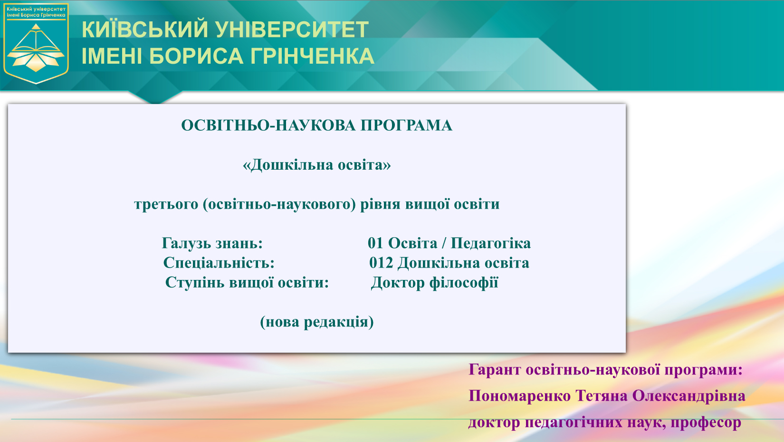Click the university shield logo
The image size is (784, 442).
point(36,43)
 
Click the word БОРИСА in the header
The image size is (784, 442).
point(196,56)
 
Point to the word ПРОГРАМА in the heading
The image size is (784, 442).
point(406,125)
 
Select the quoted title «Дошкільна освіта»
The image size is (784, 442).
point(317,164)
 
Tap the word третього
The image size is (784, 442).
point(166,204)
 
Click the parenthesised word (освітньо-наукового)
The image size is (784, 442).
point(279,204)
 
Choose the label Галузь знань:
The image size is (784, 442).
point(212,243)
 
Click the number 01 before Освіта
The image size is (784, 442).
point(375,243)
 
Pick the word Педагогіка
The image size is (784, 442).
point(491,243)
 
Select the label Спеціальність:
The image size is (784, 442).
point(219,263)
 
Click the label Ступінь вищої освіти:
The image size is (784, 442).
point(247,282)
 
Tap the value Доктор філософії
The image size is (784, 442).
point(434,282)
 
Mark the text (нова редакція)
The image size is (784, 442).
point(317,322)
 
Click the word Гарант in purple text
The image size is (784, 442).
point(495,370)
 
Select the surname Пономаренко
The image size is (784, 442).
point(520,396)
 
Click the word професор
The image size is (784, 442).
point(706,423)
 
